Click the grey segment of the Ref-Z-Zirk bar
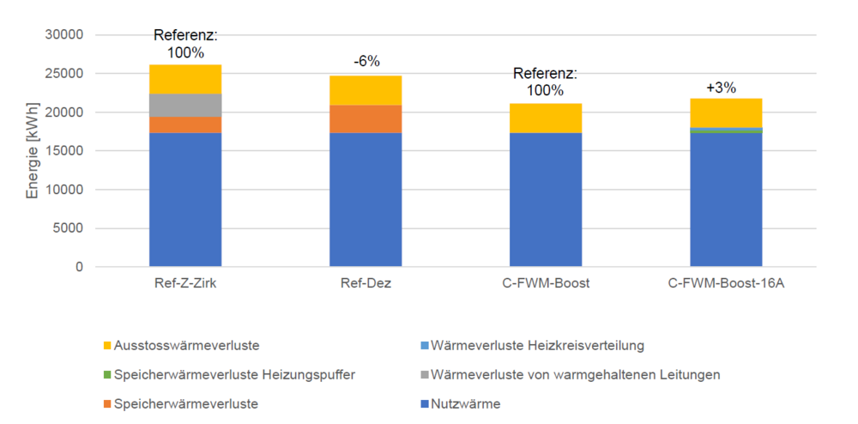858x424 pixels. tap(185, 105)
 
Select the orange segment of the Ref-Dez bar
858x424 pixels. tap(366, 118)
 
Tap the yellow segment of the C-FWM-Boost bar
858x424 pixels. tap(546, 118)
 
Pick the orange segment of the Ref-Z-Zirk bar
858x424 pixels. tap(185, 124)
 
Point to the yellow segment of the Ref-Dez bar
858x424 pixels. tap(366, 90)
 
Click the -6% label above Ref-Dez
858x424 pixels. tap(366, 61)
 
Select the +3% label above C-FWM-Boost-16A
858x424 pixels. tap(721, 87)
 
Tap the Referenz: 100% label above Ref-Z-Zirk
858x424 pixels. tap(185, 44)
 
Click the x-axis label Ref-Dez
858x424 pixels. tap(366, 284)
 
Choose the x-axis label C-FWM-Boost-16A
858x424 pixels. tap(726, 284)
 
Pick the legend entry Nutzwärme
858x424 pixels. tap(464, 403)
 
